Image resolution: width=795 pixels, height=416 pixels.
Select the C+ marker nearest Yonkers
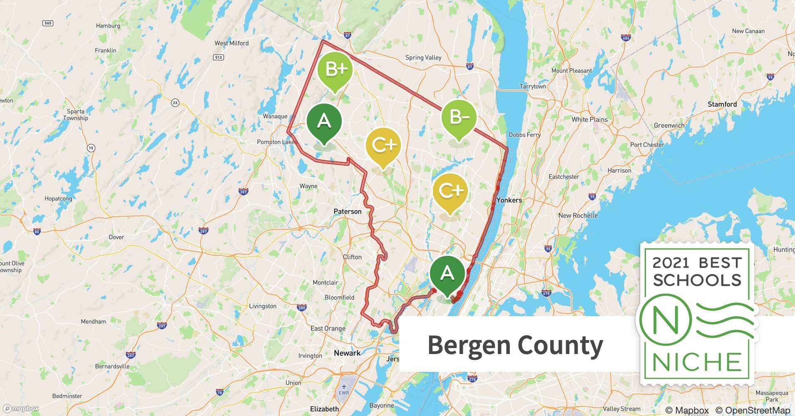point(450,191)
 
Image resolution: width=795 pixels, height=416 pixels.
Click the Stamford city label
point(722,104)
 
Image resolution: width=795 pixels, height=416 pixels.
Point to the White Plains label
point(589,119)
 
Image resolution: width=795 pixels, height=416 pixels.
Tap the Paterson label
point(348,211)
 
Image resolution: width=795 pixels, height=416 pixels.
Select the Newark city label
point(347,353)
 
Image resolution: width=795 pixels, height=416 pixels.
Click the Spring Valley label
point(423,57)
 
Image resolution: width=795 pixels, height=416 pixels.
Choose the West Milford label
point(231,43)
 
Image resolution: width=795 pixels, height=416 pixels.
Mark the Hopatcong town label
point(58,198)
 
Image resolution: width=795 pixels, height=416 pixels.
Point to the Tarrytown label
point(533,87)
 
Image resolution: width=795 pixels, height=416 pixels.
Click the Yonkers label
point(509,200)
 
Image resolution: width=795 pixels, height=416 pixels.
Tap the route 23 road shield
point(175,102)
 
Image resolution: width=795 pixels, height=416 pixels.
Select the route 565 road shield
point(48,23)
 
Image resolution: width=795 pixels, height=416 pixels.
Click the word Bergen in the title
point(469,345)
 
